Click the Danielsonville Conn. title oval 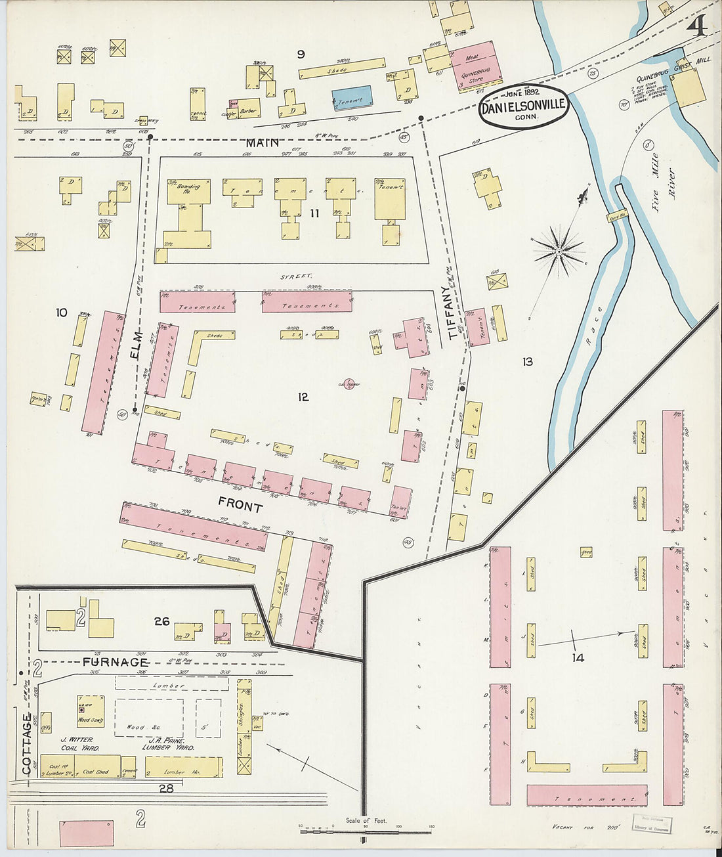(524, 106)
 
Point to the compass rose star (559, 251)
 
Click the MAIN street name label (263, 143)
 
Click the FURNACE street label (116, 662)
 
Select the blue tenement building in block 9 (352, 99)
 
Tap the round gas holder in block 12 (349, 384)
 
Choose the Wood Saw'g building (91, 711)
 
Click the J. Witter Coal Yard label (78, 743)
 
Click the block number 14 (577, 657)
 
